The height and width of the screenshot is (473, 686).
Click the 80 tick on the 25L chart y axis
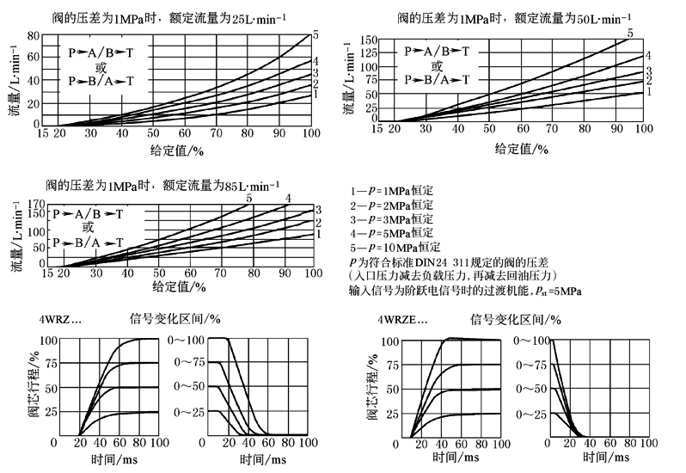click(34, 35)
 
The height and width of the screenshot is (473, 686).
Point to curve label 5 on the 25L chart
click(315, 34)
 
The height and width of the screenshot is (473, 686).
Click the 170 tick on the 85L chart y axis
click(34, 204)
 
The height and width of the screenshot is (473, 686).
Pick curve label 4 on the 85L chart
click(289, 199)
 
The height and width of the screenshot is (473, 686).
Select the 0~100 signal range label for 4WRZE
click(531, 341)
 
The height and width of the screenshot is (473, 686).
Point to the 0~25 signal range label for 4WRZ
click(186, 413)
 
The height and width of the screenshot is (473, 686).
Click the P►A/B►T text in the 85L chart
click(88, 212)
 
